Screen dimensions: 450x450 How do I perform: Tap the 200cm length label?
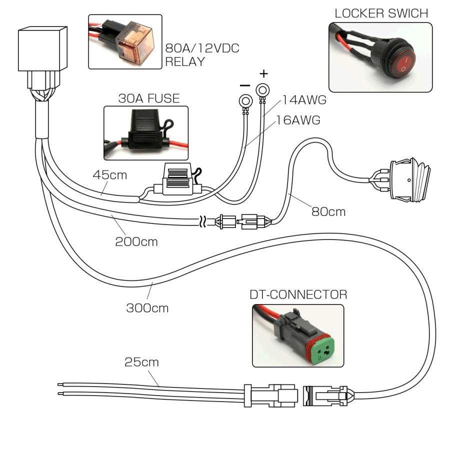[x=136, y=242]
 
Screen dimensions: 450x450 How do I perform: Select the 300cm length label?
[x=147, y=308]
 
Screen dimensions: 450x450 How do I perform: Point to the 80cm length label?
[x=328, y=211]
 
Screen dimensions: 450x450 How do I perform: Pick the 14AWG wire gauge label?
[x=304, y=100]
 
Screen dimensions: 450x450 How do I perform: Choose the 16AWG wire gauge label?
[x=298, y=120]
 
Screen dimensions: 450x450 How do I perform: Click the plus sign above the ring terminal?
[x=263, y=74]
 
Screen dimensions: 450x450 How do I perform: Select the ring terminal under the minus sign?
[x=244, y=102]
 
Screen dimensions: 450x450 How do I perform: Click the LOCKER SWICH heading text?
[x=381, y=13]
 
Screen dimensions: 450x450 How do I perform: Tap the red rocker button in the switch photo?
[x=402, y=62]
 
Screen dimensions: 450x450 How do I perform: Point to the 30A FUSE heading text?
[x=148, y=98]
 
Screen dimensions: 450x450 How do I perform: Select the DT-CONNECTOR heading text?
[x=298, y=294]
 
